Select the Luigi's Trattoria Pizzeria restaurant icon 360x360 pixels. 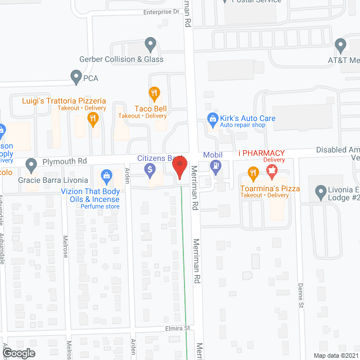click(x=93, y=118)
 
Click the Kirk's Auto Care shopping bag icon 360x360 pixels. click(x=213, y=118)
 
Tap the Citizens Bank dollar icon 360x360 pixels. click(x=150, y=169)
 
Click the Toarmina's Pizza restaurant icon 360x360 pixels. click(x=253, y=173)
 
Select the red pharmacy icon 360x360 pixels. click(x=272, y=170)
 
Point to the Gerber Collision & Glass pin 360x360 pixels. click(x=150, y=44)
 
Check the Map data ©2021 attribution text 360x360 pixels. click(x=334, y=355)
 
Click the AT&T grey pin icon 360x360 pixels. click(x=340, y=45)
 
